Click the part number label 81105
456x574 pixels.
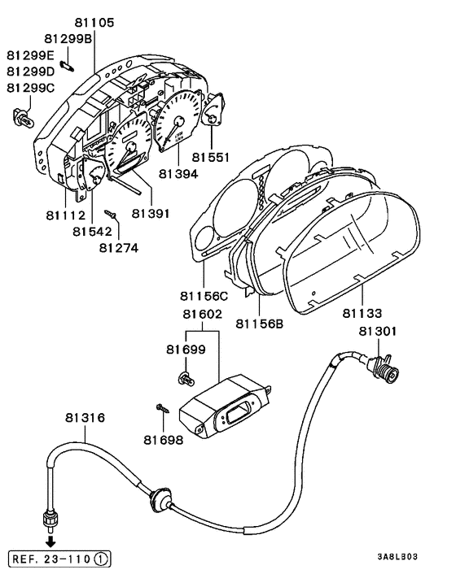94,23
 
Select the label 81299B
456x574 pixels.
68,38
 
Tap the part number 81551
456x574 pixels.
211,158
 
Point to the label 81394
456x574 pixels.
178,174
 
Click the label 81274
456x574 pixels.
119,248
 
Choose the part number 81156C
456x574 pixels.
204,295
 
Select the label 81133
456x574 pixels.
362,313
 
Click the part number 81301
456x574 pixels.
378,331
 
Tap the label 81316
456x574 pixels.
85,418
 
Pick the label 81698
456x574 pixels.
163,440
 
